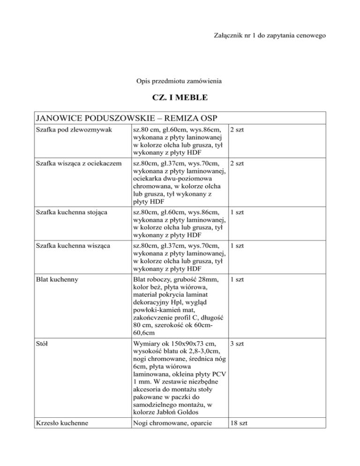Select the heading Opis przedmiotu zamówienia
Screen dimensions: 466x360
180,82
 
